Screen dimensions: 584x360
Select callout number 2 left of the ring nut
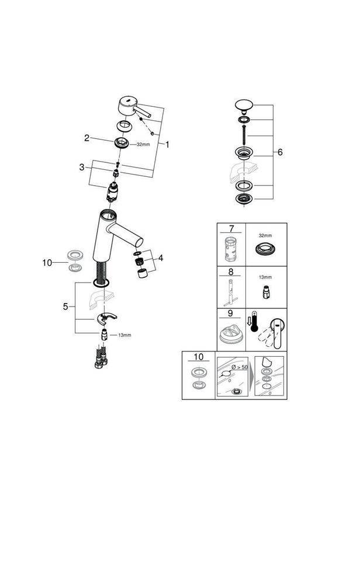pos(86,138)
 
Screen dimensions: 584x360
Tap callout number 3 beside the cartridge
pos(82,168)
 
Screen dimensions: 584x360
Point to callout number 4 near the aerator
pos(160,258)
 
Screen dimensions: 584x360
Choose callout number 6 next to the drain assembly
pos(279,152)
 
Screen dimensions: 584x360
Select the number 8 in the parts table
pos(230,273)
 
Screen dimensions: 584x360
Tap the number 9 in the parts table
pos(230,314)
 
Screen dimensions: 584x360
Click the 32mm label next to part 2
pos(143,144)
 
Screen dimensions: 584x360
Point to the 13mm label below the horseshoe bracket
pos(124,335)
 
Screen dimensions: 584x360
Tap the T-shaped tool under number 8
pos(230,292)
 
